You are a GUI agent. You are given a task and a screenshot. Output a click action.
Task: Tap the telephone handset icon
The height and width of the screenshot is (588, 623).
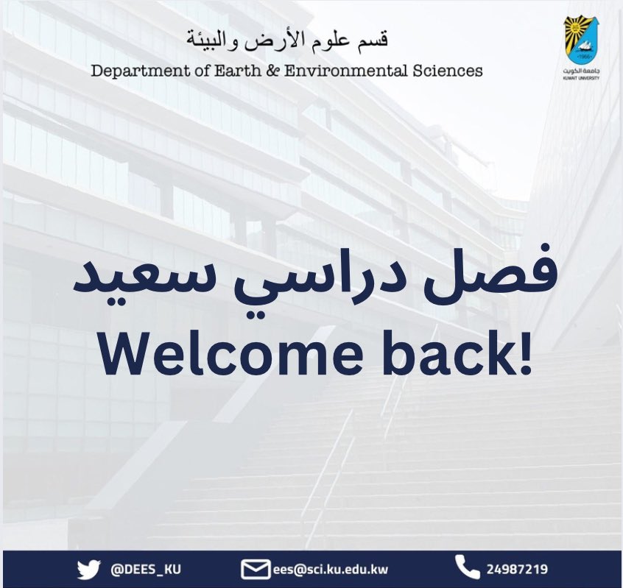(x=465, y=567)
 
